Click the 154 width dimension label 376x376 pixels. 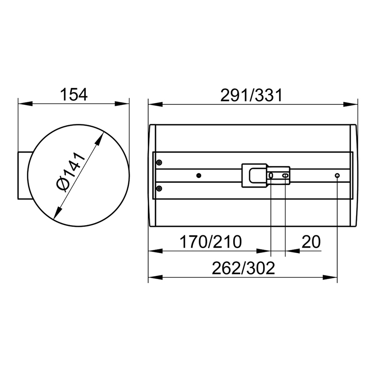click(x=73, y=94)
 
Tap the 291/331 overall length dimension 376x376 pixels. click(x=251, y=95)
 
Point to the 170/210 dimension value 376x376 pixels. click(x=211, y=242)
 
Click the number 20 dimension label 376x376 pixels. click(x=311, y=242)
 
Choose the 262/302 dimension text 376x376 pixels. click(x=243, y=268)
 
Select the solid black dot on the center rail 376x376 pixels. click(x=199, y=176)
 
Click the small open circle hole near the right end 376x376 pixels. click(x=337, y=176)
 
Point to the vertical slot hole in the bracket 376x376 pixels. click(x=271, y=176)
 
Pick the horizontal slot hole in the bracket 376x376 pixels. click(x=285, y=176)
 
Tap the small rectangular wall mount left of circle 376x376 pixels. click(x=23, y=176)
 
